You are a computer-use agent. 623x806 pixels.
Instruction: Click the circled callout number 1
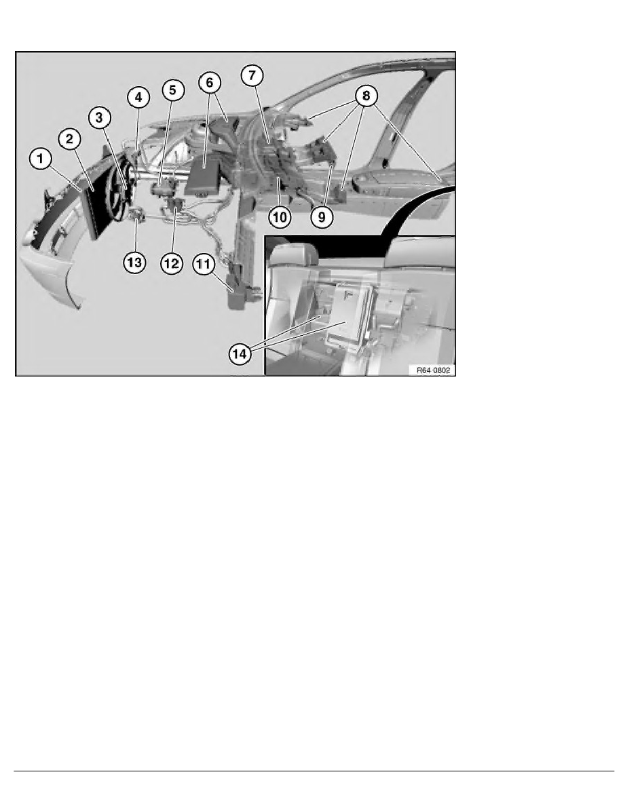point(40,161)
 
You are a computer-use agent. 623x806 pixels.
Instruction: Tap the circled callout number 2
point(69,140)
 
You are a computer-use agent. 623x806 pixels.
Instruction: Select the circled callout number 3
point(100,118)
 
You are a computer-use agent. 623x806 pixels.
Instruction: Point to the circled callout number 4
point(138,98)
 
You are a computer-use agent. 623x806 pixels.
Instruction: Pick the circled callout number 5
point(172,89)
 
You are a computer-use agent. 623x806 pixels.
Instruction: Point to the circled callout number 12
point(171,263)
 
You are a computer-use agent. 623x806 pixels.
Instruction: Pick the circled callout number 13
point(134,263)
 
